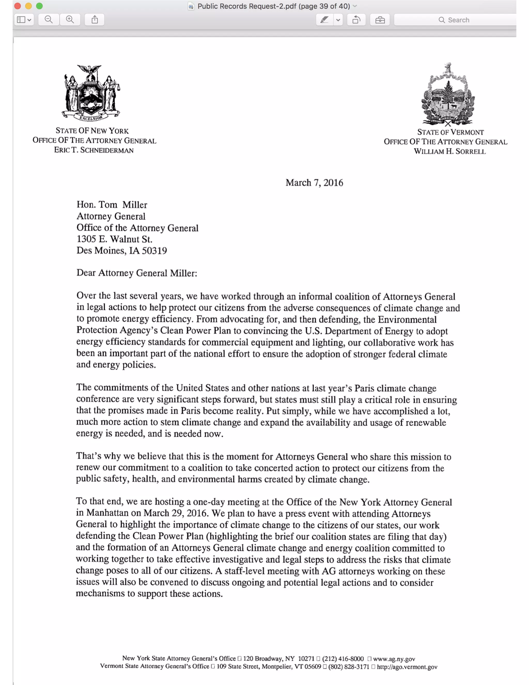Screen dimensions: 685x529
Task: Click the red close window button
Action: coord(18,6)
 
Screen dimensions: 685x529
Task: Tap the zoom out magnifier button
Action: coord(49,20)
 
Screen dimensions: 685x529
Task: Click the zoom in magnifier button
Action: coord(70,20)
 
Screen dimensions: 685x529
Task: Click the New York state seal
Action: coord(91,93)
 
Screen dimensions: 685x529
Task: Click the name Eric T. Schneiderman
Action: coord(94,150)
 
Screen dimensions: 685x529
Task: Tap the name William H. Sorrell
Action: coord(450,151)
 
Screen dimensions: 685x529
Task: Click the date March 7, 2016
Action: coord(314,183)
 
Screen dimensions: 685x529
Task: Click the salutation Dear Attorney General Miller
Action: coord(137,273)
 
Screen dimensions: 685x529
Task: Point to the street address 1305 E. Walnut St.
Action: coord(114,239)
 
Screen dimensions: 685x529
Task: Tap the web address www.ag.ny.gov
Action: coord(394,659)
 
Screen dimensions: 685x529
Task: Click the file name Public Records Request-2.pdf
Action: coord(247,6)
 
